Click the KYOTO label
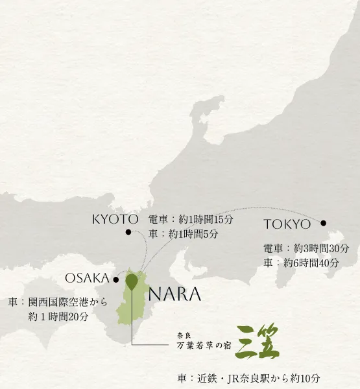pos(115,220)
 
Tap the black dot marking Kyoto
pos(128,232)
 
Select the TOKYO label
pos(287,225)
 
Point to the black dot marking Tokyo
pos(324,224)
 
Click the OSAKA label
pos(87,278)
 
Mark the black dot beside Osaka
pos(116,280)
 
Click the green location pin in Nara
pos(132,281)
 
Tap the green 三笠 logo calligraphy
pos(258,342)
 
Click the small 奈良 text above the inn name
pos(186,335)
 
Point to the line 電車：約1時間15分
pos(191,220)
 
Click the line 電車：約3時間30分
pos(306,248)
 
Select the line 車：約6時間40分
pos(301,263)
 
